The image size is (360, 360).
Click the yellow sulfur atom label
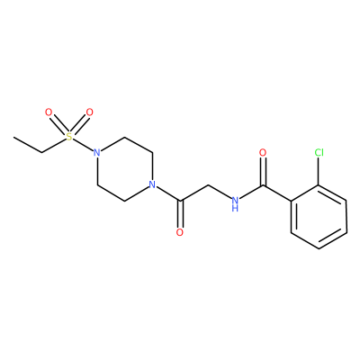69,137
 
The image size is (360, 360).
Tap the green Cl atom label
319,153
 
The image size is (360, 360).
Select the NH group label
236,203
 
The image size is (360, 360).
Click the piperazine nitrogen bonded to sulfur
96,153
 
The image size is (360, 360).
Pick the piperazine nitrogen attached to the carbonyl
152,184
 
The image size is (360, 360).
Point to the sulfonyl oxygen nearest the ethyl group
49,112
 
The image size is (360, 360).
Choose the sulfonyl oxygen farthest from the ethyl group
89,112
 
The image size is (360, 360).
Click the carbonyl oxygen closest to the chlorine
263,153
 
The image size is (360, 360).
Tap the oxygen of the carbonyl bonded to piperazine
180,232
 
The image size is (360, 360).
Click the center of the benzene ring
319,216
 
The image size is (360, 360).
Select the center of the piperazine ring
124,168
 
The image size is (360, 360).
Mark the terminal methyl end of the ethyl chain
13,138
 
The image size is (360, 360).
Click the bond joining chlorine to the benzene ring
319,171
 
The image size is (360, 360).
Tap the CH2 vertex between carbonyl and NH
208,184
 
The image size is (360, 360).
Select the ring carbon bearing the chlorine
319,184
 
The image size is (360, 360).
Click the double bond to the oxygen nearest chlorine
263,171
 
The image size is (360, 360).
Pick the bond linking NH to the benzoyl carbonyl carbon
251,193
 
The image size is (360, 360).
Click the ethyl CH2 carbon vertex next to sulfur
41,153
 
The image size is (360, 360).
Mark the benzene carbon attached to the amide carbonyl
292,201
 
